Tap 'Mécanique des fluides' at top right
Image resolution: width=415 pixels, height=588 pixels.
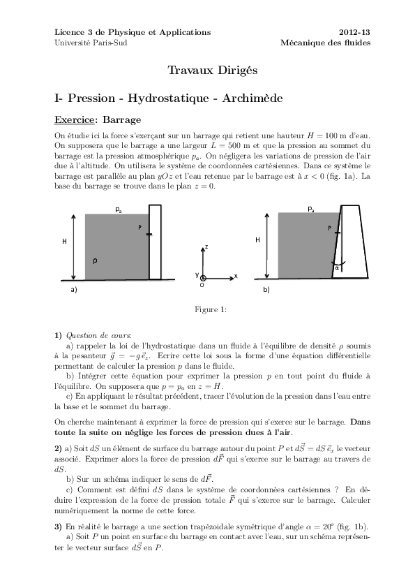[x=325, y=43]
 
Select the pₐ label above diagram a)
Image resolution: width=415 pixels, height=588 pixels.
[x=119, y=209]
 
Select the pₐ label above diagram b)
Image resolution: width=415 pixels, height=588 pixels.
[x=311, y=209]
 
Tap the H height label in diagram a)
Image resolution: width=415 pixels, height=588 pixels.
[x=64, y=241]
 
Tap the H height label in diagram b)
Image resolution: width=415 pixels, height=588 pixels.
[x=257, y=240]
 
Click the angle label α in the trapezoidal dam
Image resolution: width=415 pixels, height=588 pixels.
[x=337, y=267]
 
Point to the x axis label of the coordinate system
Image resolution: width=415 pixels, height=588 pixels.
[x=236, y=276]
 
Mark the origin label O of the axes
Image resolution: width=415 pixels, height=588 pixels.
[x=202, y=286]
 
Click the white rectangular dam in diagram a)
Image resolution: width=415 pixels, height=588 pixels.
[x=156, y=241]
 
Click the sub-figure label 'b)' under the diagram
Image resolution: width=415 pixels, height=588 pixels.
[x=266, y=288]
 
